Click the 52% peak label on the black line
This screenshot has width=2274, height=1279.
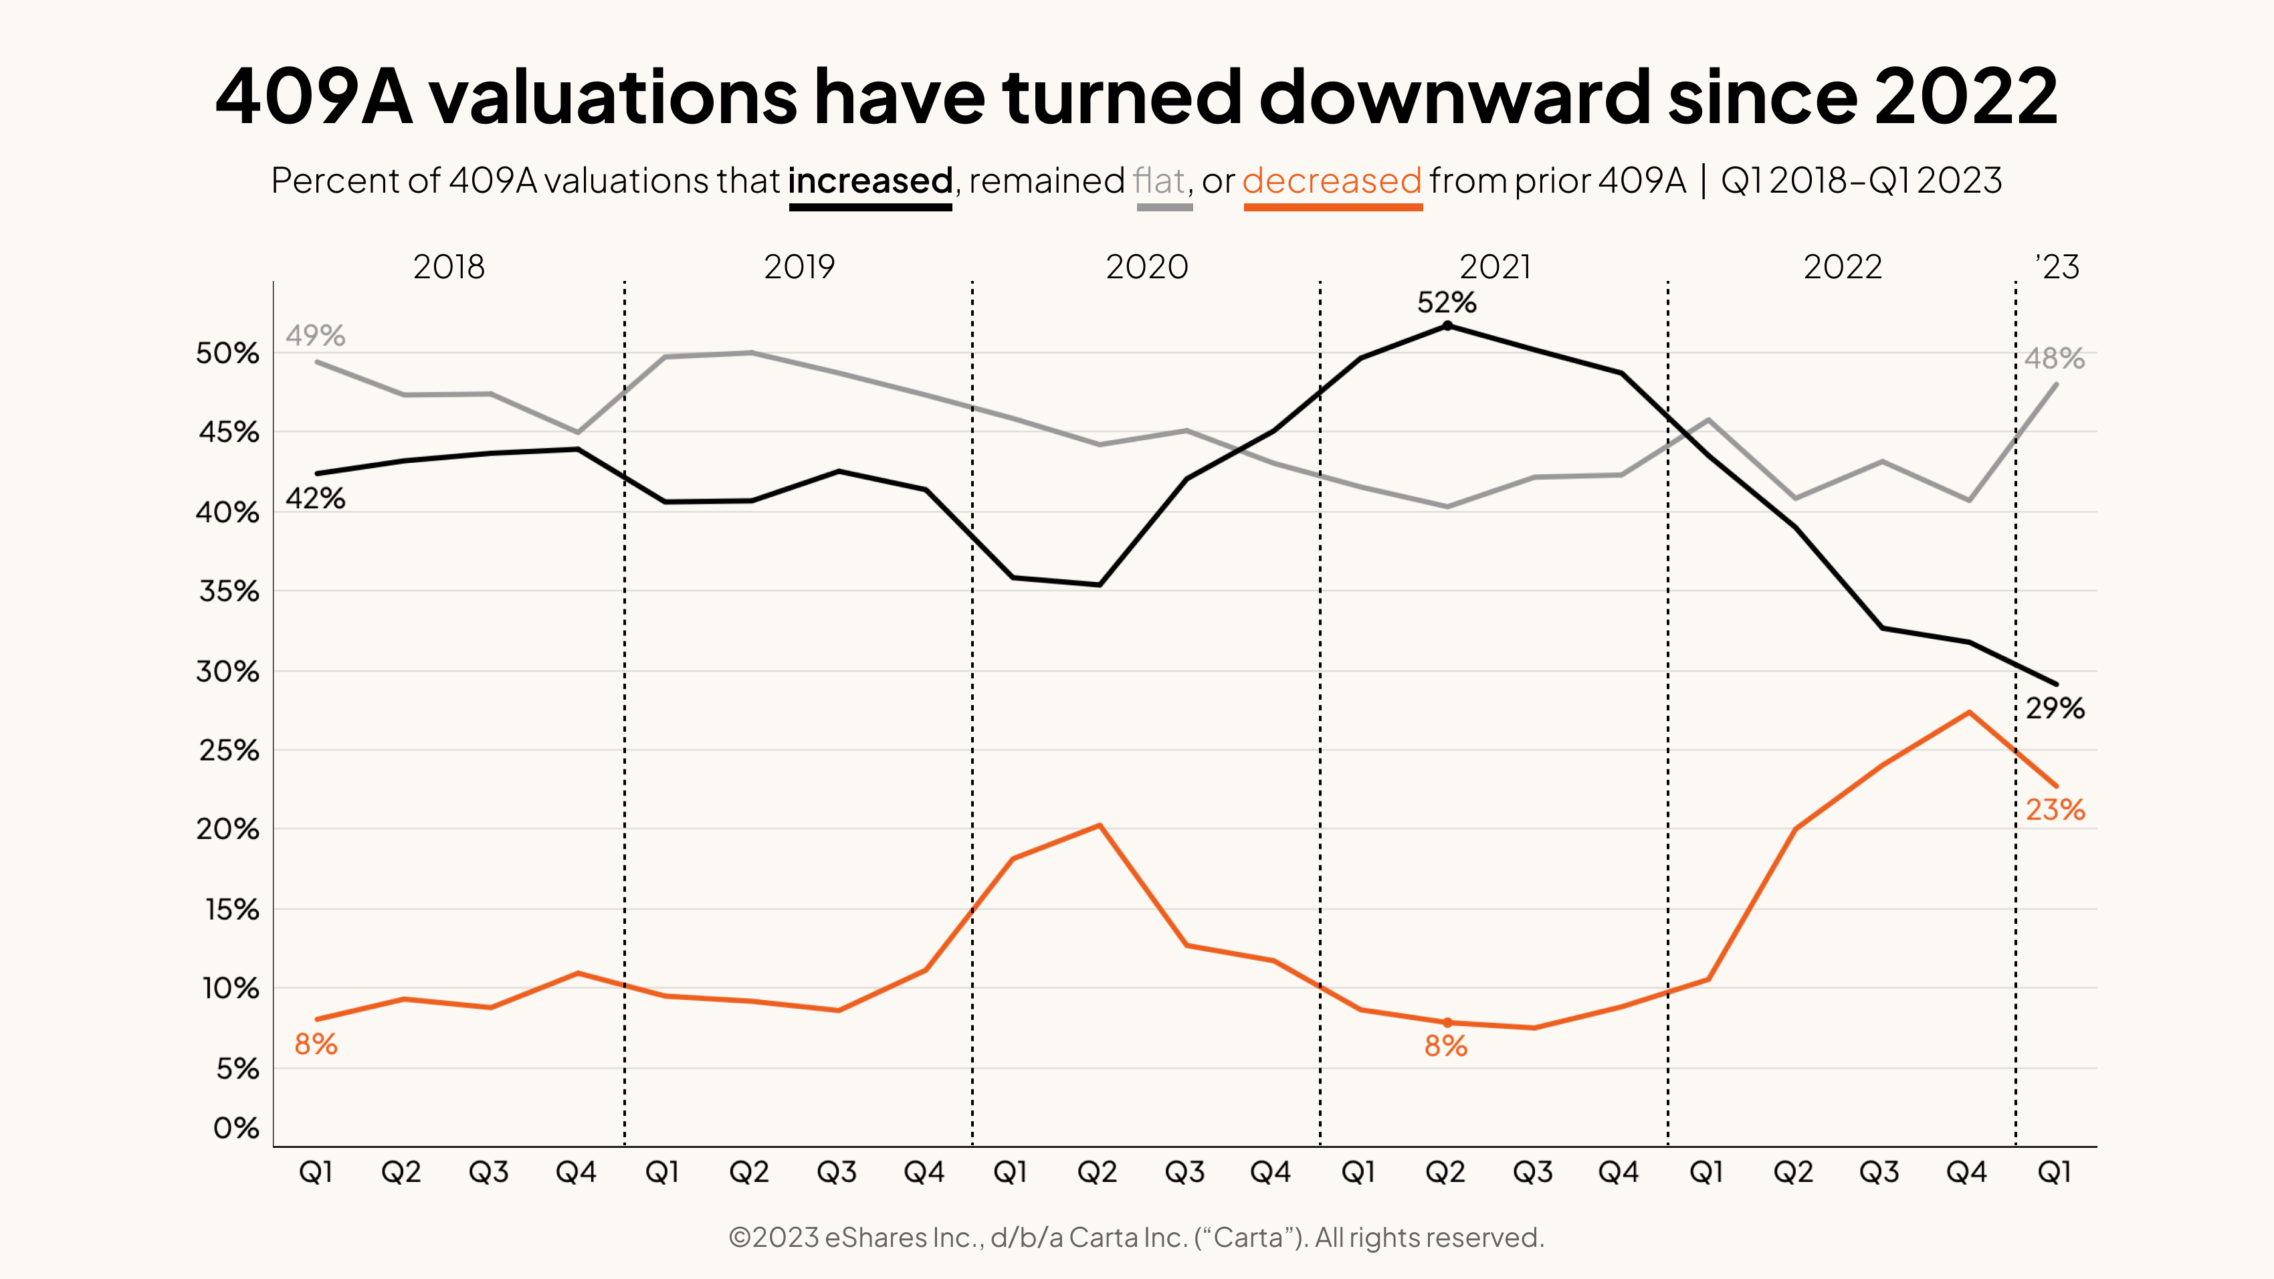click(1446, 303)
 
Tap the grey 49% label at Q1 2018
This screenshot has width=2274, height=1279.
click(315, 335)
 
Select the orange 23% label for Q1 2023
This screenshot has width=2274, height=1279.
click(2055, 809)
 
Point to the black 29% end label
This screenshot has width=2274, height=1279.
click(2055, 708)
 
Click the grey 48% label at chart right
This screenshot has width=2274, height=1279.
click(2054, 359)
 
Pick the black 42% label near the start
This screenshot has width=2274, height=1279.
click(315, 499)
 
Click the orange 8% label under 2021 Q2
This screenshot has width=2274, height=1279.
click(1446, 1046)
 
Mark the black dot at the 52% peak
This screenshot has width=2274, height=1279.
click(1447, 326)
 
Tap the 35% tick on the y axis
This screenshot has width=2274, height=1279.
click(229, 591)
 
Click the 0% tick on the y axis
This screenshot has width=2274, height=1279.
click(235, 1128)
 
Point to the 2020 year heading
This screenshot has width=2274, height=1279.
click(1147, 266)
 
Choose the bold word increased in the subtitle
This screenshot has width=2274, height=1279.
click(869, 181)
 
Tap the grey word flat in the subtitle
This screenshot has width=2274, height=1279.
click(1159, 181)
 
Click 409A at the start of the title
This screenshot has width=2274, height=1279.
click(314, 97)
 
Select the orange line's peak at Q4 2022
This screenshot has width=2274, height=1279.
click(1968, 712)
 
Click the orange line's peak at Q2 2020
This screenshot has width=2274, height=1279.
click(1099, 825)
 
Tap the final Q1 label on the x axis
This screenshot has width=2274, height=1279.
click(2054, 1172)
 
